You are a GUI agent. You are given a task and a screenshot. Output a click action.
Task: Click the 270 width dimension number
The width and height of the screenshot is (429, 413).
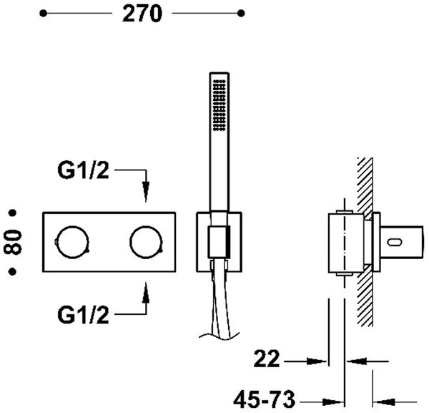(142, 14)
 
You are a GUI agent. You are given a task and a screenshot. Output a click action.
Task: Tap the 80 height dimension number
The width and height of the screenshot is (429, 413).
(13, 242)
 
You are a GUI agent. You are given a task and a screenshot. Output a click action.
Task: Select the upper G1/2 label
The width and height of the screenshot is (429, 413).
(83, 170)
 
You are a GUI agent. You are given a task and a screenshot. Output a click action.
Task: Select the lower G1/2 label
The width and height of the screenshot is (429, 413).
(83, 315)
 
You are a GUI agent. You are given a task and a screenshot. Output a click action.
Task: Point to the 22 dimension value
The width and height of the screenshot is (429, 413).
(267, 359)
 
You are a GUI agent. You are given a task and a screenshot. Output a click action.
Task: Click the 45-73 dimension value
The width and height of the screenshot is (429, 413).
(265, 399)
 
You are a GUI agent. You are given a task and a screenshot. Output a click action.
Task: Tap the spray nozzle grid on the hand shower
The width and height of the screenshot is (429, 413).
(220, 105)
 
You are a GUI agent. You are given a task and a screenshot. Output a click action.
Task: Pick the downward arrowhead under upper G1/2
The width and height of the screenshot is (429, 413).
(146, 192)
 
